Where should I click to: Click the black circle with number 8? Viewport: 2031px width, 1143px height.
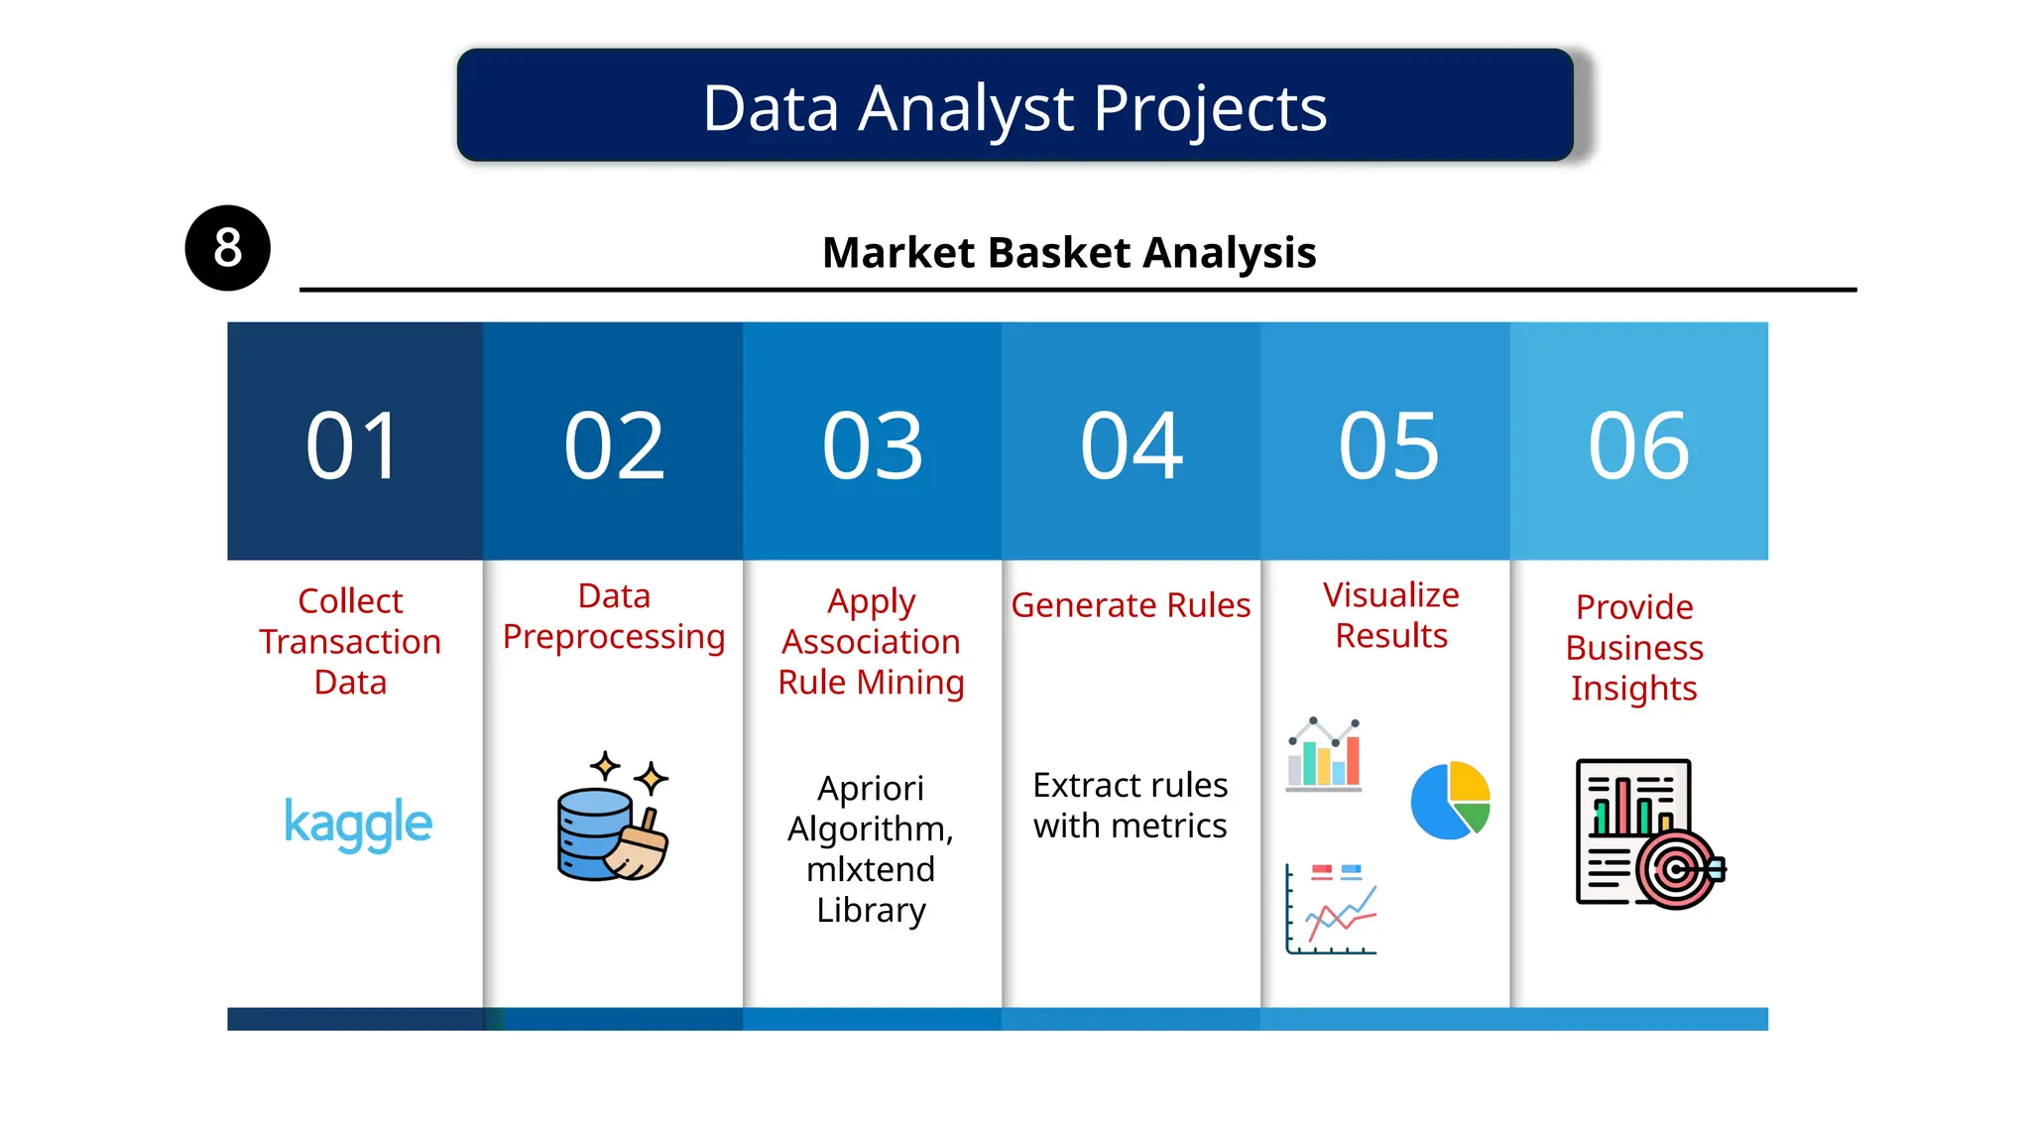click(x=227, y=248)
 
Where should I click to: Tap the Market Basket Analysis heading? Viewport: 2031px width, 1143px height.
click(x=1069, y=252)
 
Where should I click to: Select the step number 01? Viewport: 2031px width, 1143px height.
click(x=353, y=446)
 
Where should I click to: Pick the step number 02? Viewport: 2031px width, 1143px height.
click(x=614, y=446)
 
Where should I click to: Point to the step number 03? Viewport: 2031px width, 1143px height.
click(x=873, y=446)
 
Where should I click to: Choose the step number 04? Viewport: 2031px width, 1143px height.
click(x=1131, y=446)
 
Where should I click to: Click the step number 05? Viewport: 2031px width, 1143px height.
click(x=1388, y=446)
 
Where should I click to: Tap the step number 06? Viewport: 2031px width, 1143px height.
click(x=1638, y=446)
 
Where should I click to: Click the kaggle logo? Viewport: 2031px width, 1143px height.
click(x=358, y=824)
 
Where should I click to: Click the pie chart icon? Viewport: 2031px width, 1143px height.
click(x=1450, y=800)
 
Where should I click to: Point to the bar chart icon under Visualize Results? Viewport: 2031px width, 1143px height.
click(x=1324, y=754)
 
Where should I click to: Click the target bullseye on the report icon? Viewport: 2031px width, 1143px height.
click(x=1676, y=870)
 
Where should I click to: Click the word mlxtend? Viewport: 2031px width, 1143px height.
click(x=871, y=869)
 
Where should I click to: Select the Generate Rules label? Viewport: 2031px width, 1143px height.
click(x=1131, y=605)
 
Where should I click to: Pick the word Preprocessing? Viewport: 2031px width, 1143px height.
click(x=614, y=637)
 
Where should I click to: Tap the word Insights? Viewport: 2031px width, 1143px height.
click(x=1634, y=689)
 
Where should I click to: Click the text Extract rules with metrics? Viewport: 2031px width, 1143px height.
click(x=1131, y=805)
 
